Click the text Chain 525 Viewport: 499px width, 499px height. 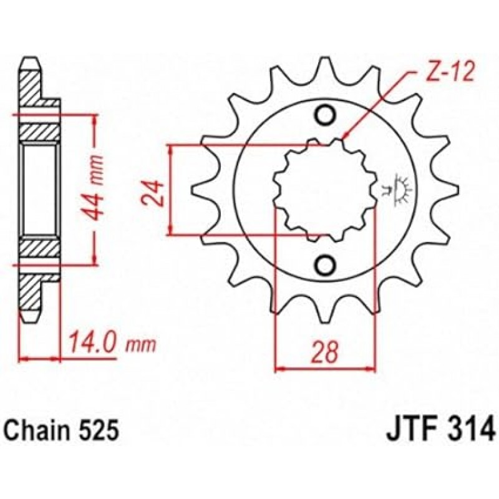[x=62, y=431]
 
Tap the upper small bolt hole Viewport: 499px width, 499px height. [x=325, y=115]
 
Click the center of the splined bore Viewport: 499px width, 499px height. [x=324, y=190]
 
